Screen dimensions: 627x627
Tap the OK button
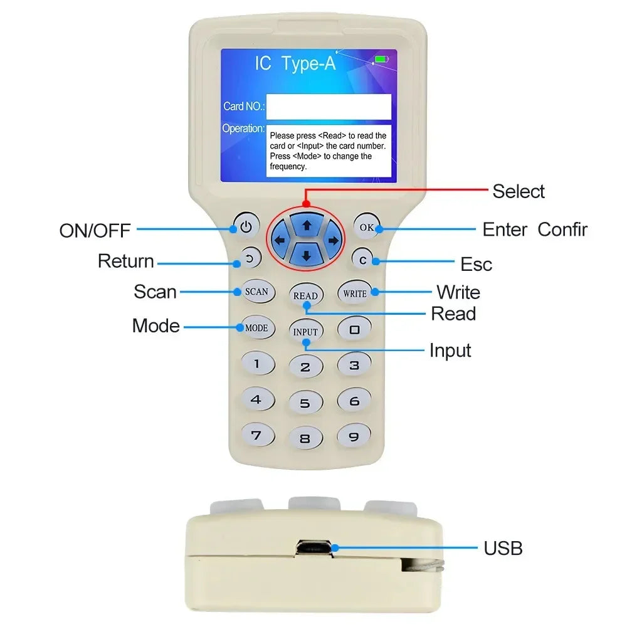(x=366, y=227)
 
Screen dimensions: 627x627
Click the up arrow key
(x=307, y=224)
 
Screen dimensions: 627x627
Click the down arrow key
(x=307, y=255)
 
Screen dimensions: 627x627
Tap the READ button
(x=305, y=295)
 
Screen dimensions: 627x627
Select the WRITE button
(x=355, y=293)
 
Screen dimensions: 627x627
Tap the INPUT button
(x=305, y=332)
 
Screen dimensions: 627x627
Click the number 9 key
(x=354, y=436)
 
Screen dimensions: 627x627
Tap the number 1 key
(x=256, y=363)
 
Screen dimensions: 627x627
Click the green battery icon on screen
(x=381, y=60)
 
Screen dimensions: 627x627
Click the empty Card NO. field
(x=329, y=107)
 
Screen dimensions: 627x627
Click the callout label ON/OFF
(x=95, y=230)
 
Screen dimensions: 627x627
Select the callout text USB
(x=503, y=548)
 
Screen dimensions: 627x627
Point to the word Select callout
(x=519, y=191)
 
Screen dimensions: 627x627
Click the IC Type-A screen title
(x=295, y=63)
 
